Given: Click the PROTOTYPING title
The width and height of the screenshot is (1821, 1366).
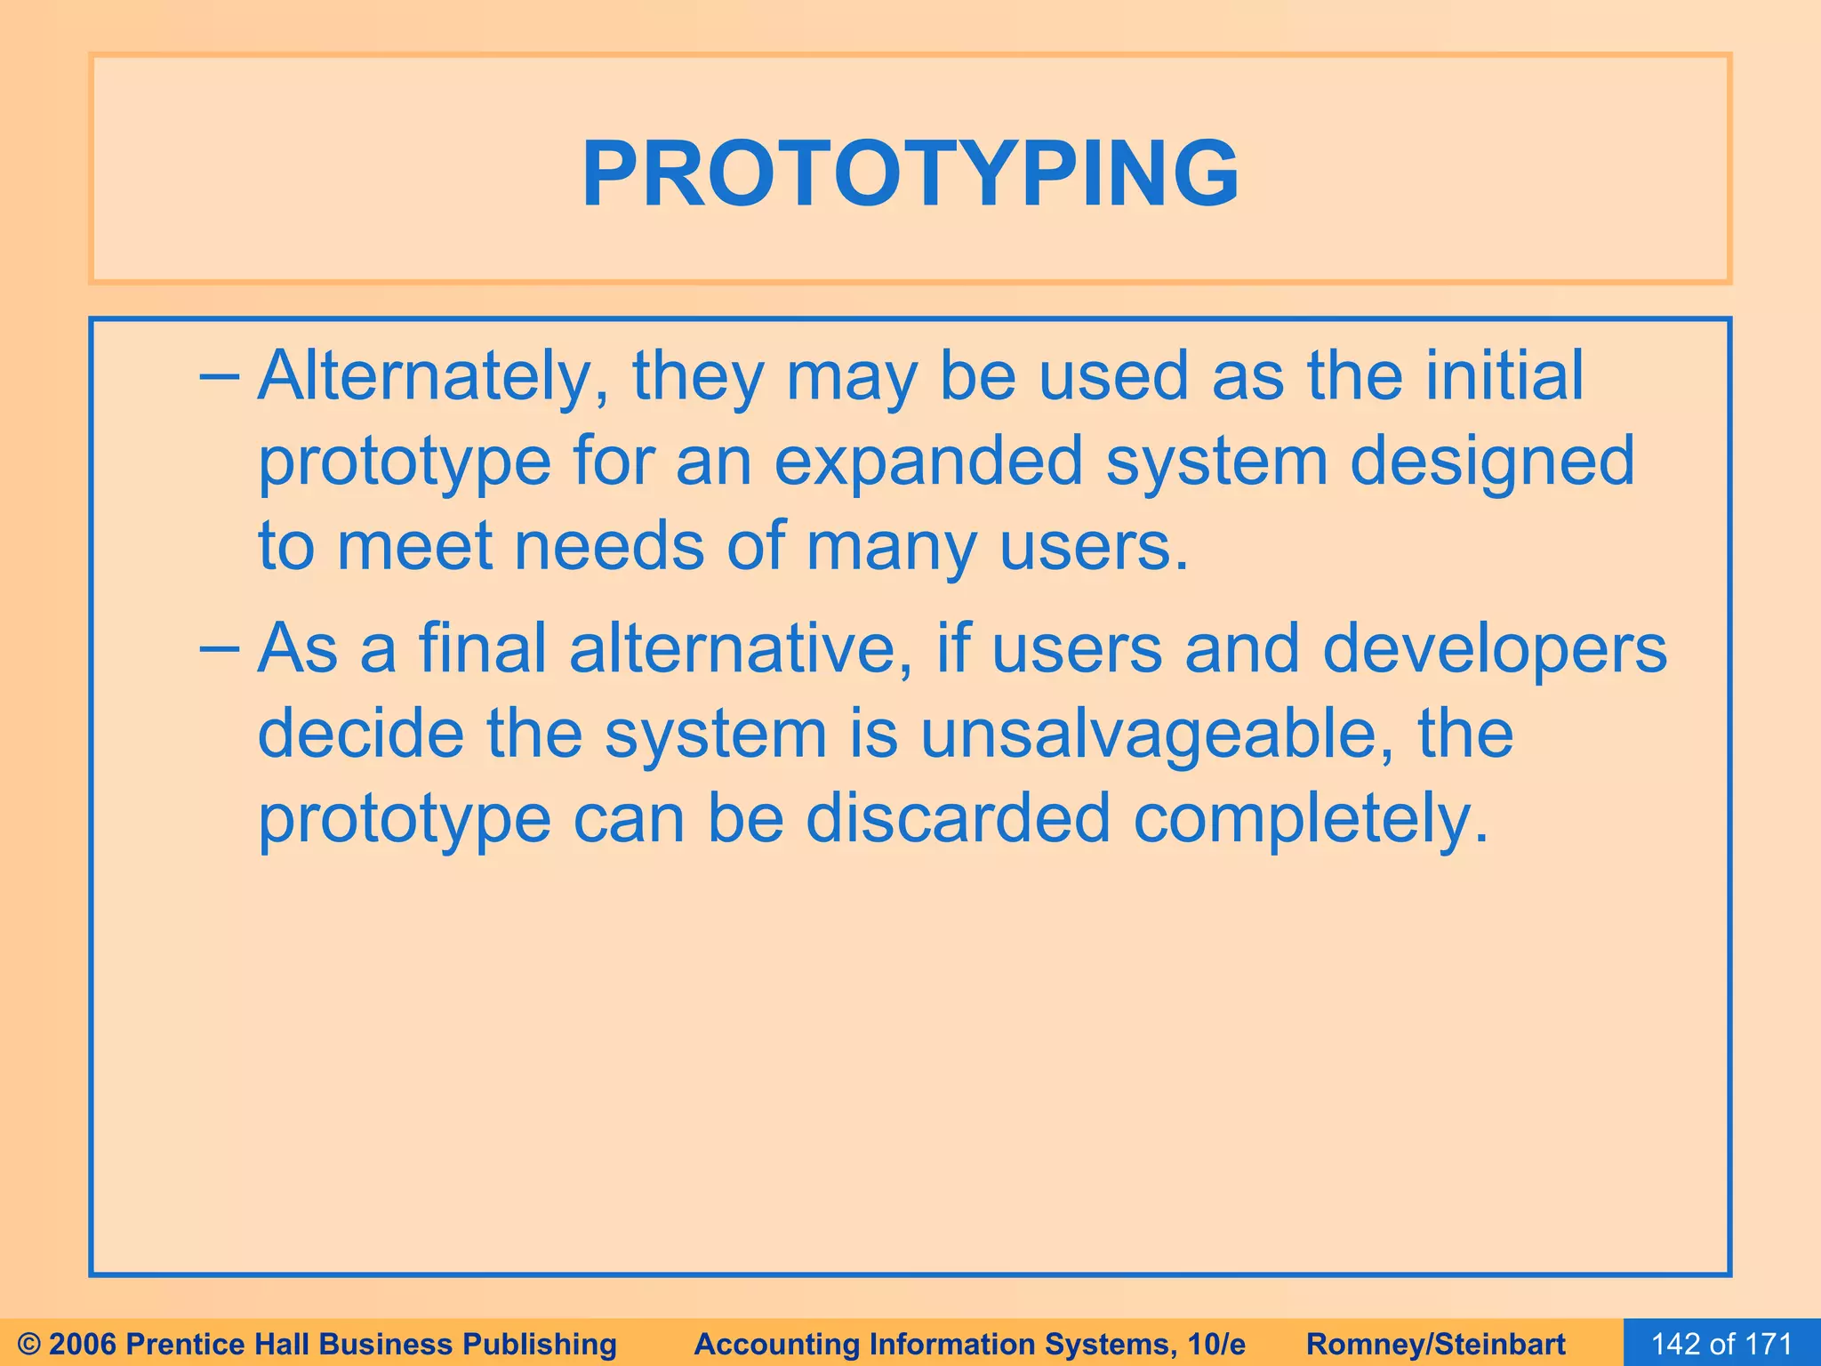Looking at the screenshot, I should (x=910, y=174).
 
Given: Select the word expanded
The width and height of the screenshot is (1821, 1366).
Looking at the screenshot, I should (x=928, y=462).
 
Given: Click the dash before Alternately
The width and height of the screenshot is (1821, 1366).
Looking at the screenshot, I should (x=219, y=377).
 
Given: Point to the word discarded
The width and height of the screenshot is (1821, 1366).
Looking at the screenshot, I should (x=958, y=818).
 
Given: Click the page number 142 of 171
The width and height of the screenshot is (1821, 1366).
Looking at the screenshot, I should (x=1721, y=1344).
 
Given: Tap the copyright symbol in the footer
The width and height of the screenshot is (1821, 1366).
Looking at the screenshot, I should (x=29, y=1344).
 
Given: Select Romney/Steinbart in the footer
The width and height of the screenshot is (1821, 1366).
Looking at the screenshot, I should (x=1436, y=1344).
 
